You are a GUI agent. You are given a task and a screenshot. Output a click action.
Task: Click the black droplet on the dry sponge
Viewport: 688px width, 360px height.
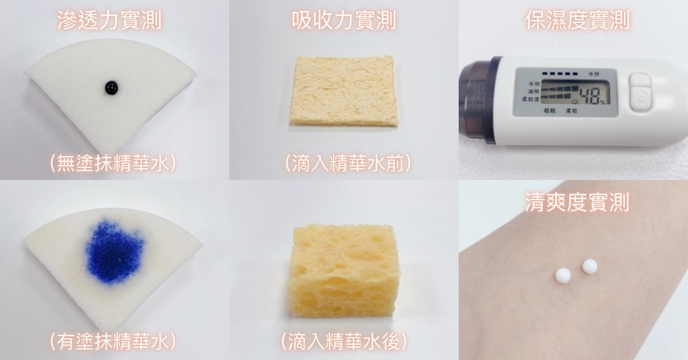(x=111, y=88)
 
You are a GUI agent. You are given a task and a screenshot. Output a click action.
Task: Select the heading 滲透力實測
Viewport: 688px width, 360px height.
(x=110, y=20)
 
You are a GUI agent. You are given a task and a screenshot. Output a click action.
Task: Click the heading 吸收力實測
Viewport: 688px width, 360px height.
(x=343, y=20)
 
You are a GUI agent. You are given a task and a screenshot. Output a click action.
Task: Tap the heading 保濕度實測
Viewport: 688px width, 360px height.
(x=577, y=20)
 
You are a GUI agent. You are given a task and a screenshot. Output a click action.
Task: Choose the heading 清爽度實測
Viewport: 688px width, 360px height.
(x=577, y=202)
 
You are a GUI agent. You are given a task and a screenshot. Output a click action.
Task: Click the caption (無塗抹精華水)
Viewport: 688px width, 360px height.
(x=113, y=163)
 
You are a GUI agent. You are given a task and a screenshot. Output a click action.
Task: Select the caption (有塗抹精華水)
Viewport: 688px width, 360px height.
(x=113, y=341)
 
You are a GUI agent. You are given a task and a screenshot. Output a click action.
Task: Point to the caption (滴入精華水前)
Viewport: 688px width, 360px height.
(x=348, y=163)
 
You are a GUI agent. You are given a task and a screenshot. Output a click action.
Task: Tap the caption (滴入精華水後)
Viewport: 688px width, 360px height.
(x=345, y=341)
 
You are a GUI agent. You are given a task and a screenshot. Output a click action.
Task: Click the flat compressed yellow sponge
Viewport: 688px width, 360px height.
(x=343, y=91)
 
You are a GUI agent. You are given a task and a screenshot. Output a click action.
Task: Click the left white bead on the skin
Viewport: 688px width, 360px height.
(x=563, y=275)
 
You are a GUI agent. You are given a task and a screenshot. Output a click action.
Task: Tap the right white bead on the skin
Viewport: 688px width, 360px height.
(x=590, y=266)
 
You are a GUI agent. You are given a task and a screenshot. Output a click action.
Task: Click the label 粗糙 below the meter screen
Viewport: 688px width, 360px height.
(x=549, y=111)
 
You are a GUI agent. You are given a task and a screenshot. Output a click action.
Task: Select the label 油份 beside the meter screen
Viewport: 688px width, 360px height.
(x=534, y=91)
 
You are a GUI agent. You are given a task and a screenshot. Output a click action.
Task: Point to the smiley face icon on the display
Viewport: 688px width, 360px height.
(x=575, y=101)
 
